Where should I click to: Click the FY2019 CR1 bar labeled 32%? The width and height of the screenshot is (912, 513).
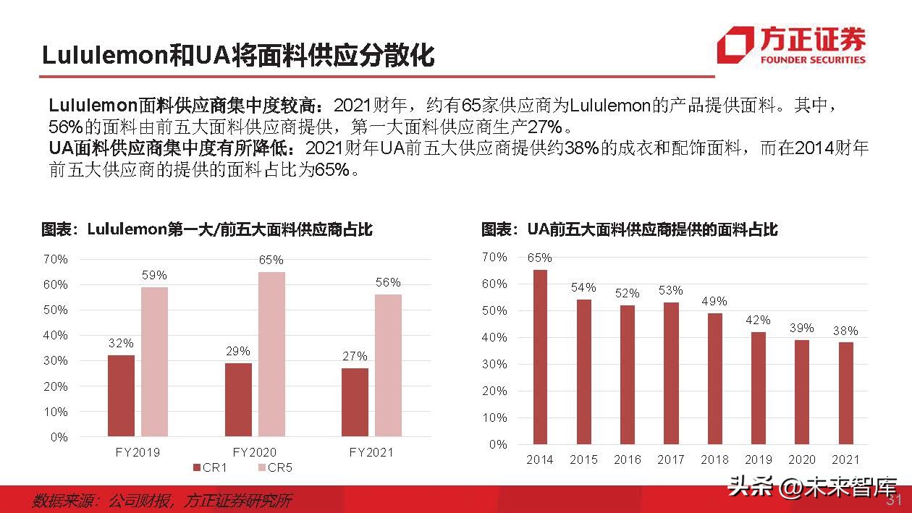[121, 396]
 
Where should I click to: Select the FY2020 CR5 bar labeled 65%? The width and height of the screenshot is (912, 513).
[271, 354]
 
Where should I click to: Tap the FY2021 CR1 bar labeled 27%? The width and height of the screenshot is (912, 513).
[355, 402]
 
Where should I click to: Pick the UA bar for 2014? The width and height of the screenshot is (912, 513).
[540, 356]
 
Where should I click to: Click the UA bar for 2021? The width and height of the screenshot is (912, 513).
[845, 392]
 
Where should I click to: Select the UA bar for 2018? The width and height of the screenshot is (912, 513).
[714, 378]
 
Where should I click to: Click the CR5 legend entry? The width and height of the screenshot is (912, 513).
[275, 468]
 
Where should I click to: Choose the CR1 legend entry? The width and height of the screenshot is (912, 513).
[211, 468]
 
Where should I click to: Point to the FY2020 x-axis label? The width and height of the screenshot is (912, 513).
[254, 452]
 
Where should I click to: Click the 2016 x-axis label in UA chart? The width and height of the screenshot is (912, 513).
[627, 459]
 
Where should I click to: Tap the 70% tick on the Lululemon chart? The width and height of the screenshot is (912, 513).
[56, 259]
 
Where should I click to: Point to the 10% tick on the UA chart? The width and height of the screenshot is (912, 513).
[496, 417]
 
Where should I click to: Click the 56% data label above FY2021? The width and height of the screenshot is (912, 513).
[388, 283]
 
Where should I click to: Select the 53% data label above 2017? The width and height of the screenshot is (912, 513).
[670, 290]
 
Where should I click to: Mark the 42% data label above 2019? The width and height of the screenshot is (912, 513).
[758, 320]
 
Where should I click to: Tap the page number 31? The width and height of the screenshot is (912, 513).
[895, 500]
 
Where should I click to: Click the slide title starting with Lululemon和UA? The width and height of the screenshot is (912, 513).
[237, 55]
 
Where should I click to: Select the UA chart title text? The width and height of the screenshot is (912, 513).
[629, 230]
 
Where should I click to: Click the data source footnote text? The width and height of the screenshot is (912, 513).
[162, 501]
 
